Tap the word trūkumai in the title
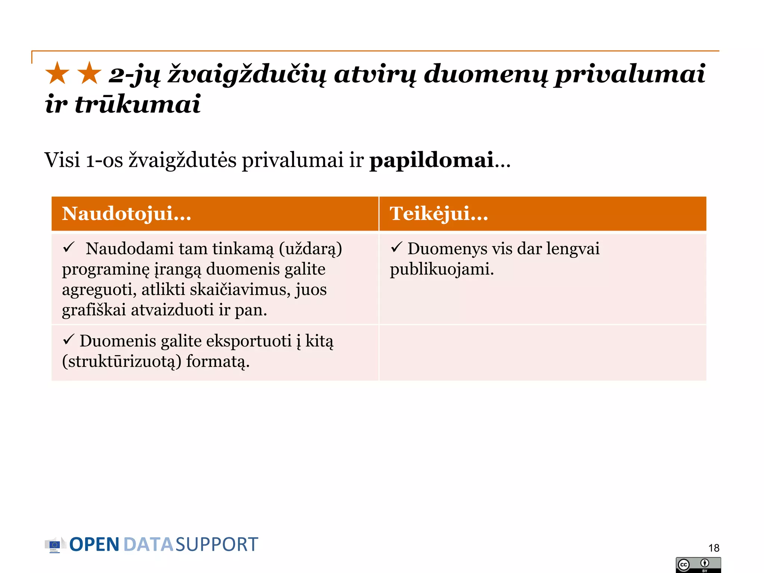coord(138,104)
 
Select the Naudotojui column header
coord(127,214)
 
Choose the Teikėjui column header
coord(439,214)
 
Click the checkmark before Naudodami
coord(69,247)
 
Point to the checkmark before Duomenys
coord(396,247)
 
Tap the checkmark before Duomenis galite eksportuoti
coord(69,339)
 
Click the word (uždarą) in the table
coord(310,249)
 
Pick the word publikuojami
coord(442,269)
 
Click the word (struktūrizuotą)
coord(122,361)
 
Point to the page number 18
coord(714,548)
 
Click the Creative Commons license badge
coord(698,565)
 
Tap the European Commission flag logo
coord(54,545)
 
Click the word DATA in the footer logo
coord(148,545)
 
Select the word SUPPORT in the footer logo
coord(217,545)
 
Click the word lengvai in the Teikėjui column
coord(573,249)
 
